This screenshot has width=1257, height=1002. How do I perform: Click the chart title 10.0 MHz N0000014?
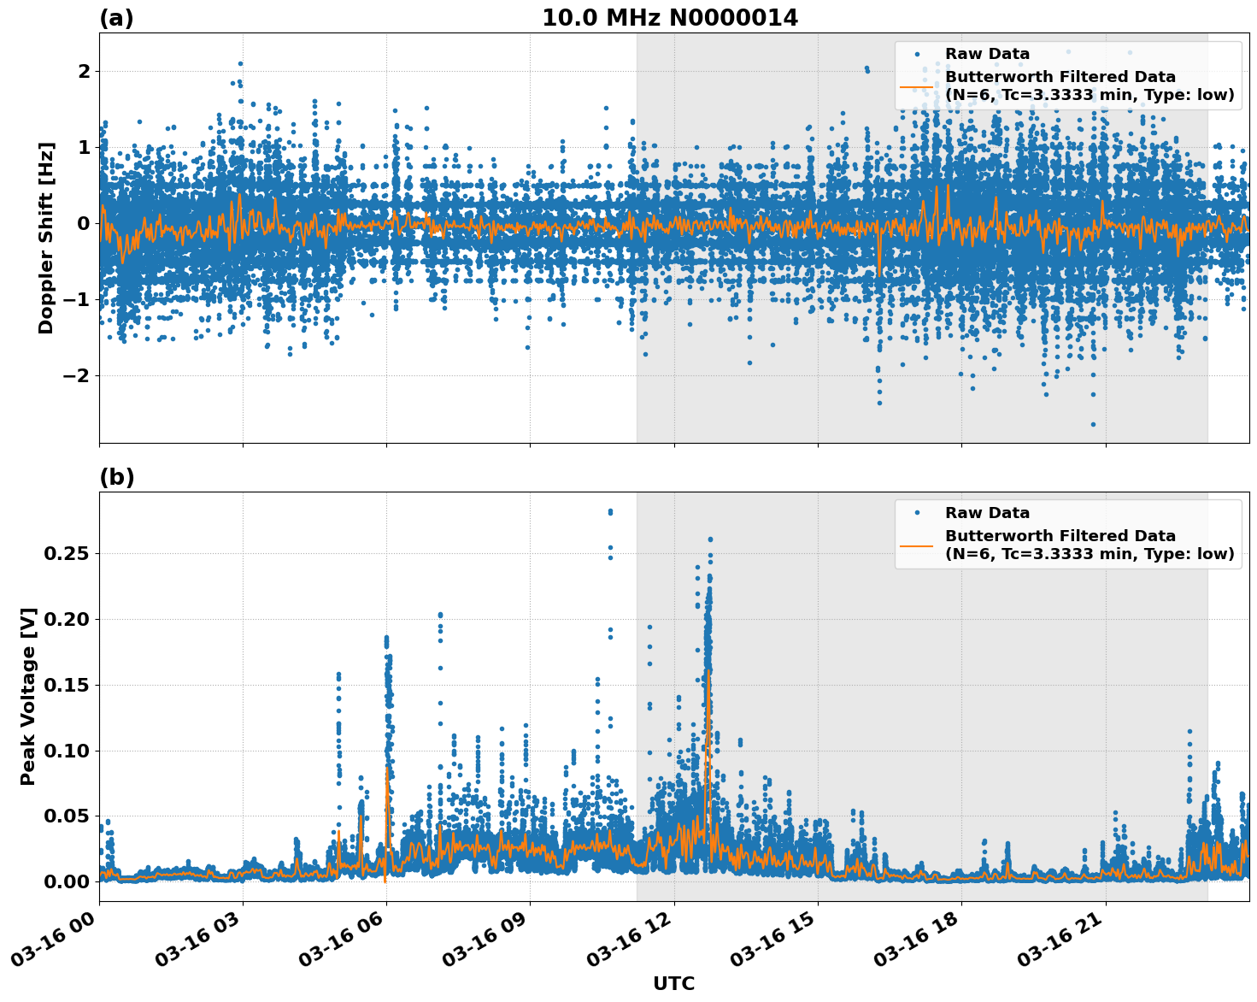[x=669, y=18]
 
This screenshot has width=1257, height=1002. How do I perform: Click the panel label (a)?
[x=116, y=18]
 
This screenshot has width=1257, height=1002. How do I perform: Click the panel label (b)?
[x=116, y=477]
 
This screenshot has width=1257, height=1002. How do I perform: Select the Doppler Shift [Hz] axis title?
[x=46, y=238]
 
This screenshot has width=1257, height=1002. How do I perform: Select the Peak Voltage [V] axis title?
[x=28, y=696]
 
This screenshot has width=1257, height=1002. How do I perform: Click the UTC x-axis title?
[x=673, y=983]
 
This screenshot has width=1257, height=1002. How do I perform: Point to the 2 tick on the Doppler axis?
[x=84, y=71]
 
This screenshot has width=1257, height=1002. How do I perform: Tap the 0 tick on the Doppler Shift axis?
[x=84, y=223]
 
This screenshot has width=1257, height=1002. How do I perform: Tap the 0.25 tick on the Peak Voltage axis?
[x=66, y=553]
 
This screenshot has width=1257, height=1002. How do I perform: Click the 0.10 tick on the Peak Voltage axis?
[x=66, y=751]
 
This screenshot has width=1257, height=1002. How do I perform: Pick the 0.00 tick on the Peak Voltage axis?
[x=66, y=881]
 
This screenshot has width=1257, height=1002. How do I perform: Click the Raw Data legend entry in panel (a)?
[x=987, y=54]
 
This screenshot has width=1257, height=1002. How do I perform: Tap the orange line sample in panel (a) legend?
[x=917, y=86]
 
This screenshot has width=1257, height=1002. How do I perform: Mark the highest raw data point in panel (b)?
[x=610, y=511]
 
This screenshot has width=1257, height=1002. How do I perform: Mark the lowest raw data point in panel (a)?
[x=1092, y=424]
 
